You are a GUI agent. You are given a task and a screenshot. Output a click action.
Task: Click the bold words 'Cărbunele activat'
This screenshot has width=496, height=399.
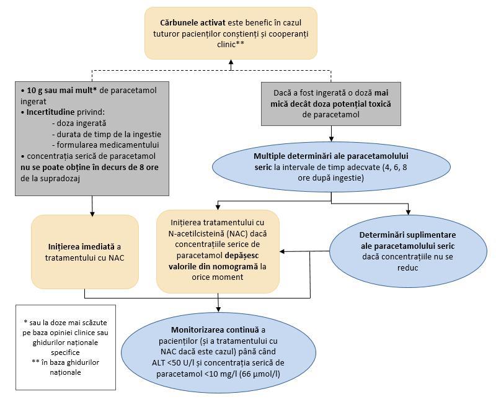tap(193, 23)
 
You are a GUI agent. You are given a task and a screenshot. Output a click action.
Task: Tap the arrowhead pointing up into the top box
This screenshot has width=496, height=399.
tap(231, 63)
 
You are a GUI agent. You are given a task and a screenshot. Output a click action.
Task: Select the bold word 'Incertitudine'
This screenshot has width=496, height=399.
tap(51, 112)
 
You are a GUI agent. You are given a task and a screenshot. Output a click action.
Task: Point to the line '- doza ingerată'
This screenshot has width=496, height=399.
tap(79, 123)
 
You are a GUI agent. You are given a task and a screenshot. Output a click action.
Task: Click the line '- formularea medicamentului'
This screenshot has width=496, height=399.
tap(105, 145)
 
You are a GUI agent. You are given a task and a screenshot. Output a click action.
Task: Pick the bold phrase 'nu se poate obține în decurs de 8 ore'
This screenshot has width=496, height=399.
tap(89, 167)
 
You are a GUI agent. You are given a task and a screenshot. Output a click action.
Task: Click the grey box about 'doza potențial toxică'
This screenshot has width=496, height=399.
tap(331, 104)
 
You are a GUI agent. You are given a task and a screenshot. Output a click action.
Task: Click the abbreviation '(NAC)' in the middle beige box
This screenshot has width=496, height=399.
tap(237, 234)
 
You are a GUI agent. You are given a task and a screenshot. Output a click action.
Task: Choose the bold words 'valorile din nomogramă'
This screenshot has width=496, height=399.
tap(213, 266)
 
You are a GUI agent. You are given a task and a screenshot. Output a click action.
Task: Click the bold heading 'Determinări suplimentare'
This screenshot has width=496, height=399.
tap(408, 235)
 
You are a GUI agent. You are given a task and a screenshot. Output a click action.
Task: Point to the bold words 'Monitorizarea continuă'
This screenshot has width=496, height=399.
tap(215, 330)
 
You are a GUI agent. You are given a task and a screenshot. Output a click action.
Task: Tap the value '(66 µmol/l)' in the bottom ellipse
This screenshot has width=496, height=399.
tap(259, 374)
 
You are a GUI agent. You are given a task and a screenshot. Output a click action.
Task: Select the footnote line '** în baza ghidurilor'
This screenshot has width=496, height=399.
tap(66, 362)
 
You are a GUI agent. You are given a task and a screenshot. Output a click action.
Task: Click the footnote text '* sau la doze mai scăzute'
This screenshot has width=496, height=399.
tap(66, 323)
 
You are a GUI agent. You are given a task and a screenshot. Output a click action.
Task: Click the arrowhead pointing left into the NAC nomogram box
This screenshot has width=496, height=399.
tap(282, 252)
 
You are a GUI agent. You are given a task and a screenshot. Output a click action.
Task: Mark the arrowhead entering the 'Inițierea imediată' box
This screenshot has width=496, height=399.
tap(92, 213)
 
